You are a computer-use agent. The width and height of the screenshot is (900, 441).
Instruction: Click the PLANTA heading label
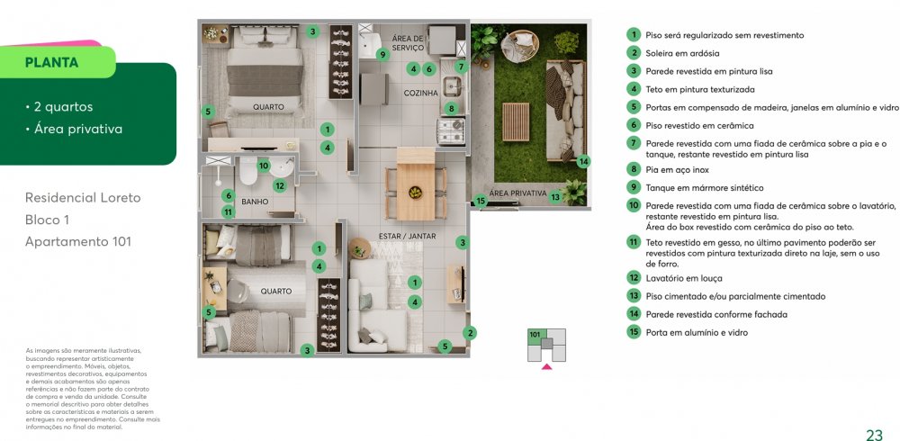(51, 63)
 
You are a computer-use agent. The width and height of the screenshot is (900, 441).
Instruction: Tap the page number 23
(874, 434)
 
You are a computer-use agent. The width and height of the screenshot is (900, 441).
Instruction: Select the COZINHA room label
(420, 93)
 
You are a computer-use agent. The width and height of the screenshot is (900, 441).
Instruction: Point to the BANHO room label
(255, 202)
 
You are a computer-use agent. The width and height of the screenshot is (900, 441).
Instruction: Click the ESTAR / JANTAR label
(407, 236)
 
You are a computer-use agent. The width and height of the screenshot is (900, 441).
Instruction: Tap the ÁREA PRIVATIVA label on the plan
(517, 193)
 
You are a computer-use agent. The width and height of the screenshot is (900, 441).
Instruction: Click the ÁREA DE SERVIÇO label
(408, 43)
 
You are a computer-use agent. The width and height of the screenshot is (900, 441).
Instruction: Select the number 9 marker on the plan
(382, 55)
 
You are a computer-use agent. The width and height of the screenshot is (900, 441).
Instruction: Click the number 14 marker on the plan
(583, 161)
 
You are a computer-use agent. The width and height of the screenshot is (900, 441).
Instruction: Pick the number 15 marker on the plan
(481, 201)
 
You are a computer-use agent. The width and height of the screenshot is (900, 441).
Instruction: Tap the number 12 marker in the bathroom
(280, 185)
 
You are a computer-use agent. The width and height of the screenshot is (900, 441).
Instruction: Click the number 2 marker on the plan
(470, 332)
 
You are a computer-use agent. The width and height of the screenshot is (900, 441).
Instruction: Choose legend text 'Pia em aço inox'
(677, 170)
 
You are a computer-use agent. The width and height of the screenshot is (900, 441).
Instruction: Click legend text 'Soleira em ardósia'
(682, 53)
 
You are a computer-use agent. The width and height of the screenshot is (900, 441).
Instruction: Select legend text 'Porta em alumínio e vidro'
(697, 332)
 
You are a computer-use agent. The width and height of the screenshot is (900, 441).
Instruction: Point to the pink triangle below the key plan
(546, 365)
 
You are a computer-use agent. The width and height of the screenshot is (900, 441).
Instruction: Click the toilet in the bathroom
(248, 171)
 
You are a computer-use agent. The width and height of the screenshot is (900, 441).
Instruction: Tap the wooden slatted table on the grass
(516, 121)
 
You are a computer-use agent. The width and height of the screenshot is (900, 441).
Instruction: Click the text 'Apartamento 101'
(78, 242)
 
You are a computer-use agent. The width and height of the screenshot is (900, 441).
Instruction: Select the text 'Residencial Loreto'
(83, 197)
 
